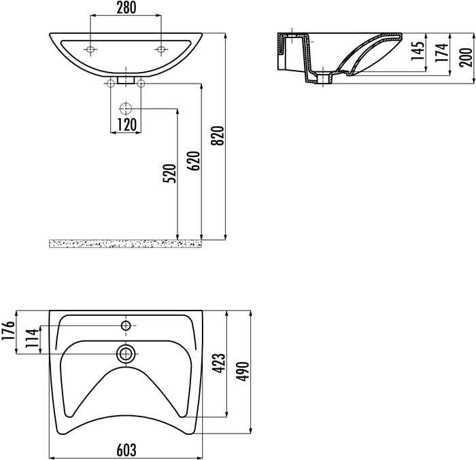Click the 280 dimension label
click(126, 8)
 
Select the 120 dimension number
click(126, 125)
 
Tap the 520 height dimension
click(170, 173)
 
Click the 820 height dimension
click(218, 136)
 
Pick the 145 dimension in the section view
click(418, 51)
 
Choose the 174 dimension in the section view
click(442, 52)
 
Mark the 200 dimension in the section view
click(466, 57)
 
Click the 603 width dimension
click(126, 450)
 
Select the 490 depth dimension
click(243, 372)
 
